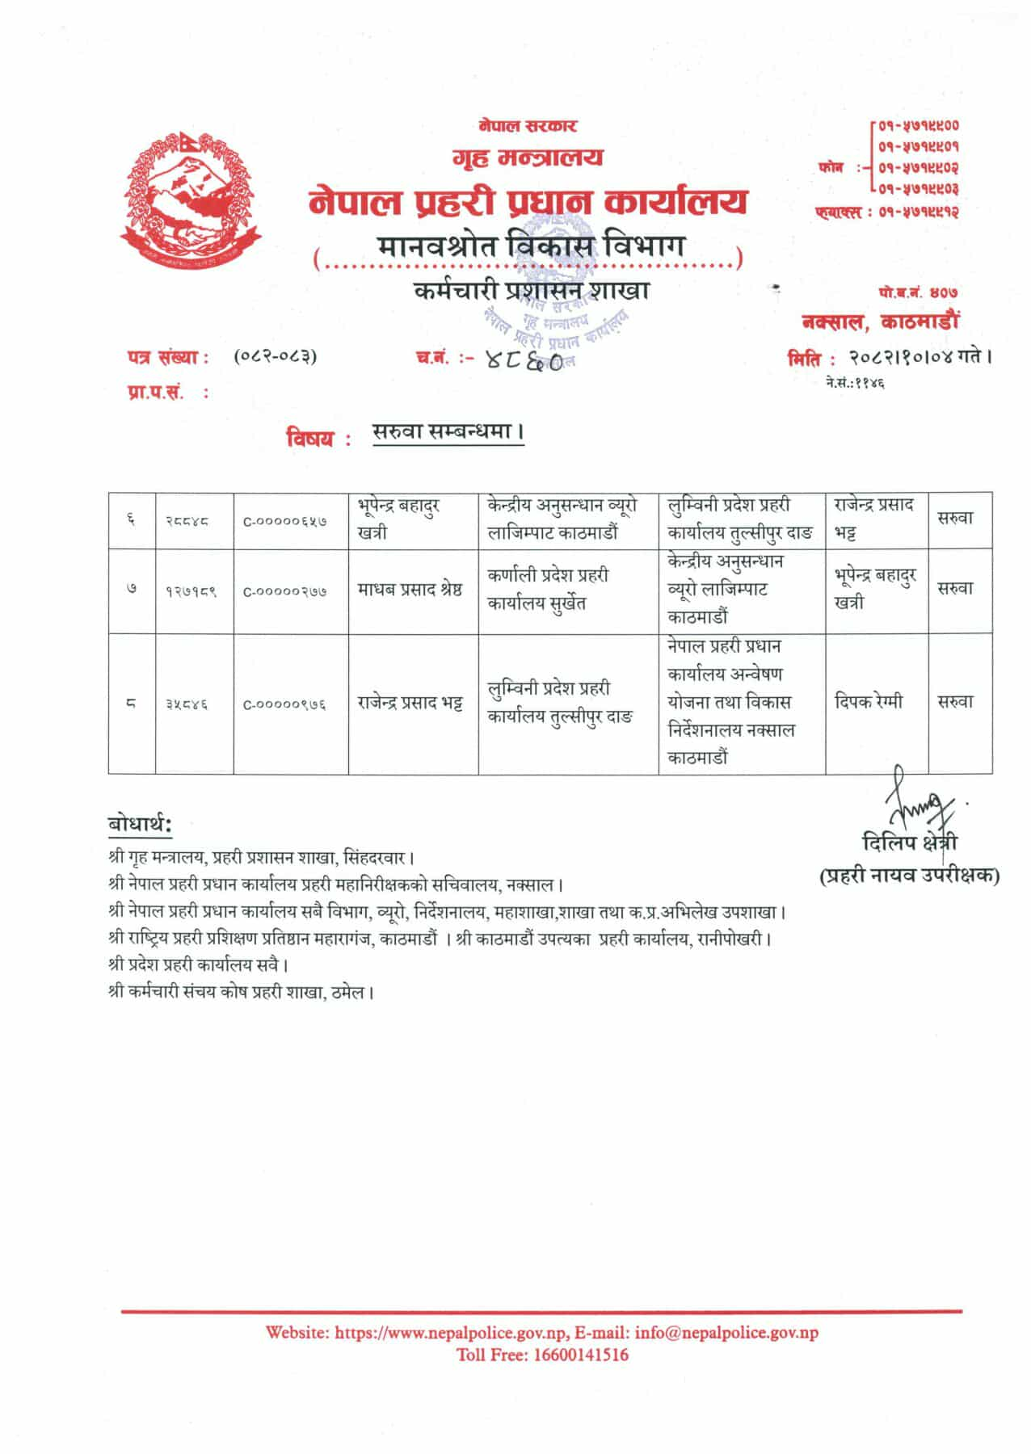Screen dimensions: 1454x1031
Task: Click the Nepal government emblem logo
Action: (x=191, y=200)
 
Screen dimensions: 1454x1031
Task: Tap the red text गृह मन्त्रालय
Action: (x=528, y=157)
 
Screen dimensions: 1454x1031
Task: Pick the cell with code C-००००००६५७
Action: (x=285, y=522)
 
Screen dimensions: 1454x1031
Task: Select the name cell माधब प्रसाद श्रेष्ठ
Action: (x=410, y=590)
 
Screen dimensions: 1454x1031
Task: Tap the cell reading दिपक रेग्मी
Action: (x=869, y=702)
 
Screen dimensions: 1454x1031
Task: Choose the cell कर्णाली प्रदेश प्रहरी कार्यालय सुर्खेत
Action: (x=549, y=590)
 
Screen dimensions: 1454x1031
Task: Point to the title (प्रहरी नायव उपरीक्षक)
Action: (x=910, y=875)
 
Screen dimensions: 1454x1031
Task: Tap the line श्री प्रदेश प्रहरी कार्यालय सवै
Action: (x=198, y=965)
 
